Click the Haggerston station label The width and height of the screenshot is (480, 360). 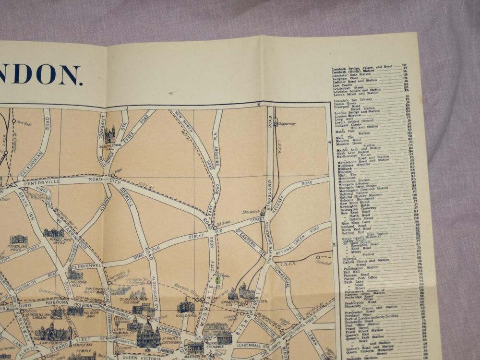click(x=287, y=124)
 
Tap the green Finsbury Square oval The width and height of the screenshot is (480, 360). click(x=218, y=279)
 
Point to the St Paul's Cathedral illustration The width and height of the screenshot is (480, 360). click(x=148, y=335)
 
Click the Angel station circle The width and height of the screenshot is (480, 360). click(x=113, y=175)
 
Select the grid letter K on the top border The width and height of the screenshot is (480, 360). click(x=258, y=104)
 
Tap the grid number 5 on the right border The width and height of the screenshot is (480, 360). click(x=333, y=245)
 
